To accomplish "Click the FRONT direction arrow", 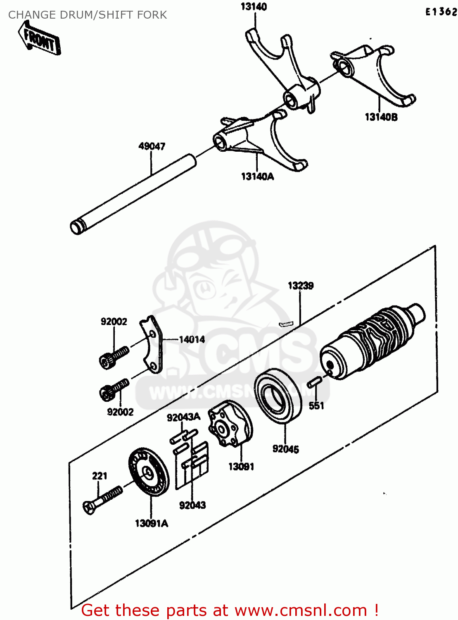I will click(40, 38).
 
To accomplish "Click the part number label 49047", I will click(152, 146).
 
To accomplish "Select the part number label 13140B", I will click(381, 117).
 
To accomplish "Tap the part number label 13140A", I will click(257, 176).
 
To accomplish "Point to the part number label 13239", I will click(301, 286).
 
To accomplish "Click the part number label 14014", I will click(192, 339).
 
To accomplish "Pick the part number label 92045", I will click(285, 449).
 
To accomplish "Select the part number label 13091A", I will click(152, 523).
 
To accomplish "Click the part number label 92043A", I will click(183, 417).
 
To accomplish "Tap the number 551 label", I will click(316, 406).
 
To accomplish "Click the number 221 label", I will click(100, 476).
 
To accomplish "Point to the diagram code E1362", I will click(441, 12).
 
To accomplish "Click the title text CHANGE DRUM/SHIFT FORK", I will click(88, 15).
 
